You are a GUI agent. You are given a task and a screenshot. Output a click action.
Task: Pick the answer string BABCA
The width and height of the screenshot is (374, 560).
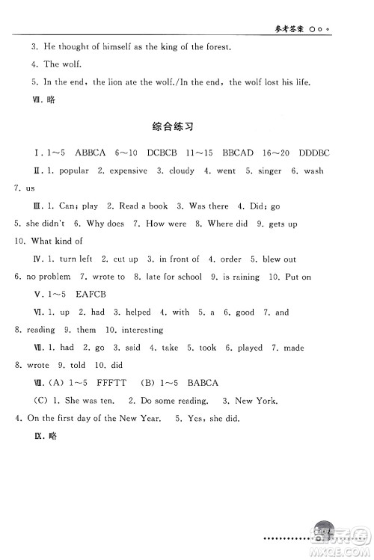pos(202,383)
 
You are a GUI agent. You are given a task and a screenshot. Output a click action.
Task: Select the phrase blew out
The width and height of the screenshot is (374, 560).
pos(278,259)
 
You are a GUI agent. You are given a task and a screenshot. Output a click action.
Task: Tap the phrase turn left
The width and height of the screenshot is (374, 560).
pos(76,259)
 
